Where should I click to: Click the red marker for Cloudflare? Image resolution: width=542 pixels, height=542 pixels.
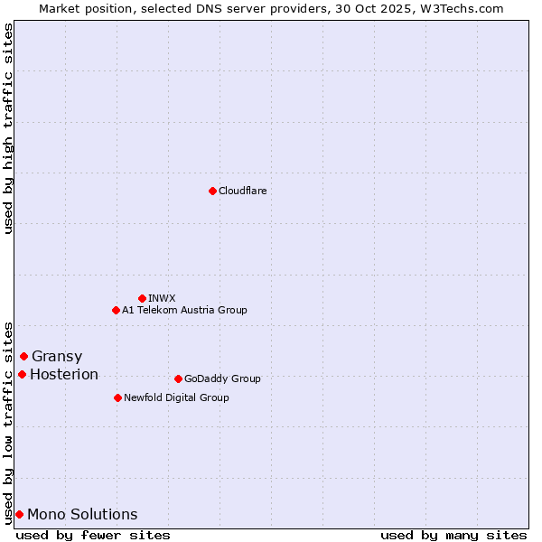(212, 191)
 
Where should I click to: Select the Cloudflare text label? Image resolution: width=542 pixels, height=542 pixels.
(242, 191)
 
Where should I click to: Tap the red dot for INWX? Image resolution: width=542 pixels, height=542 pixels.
(142, 298)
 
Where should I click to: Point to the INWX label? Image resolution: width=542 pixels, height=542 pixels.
(162, 298)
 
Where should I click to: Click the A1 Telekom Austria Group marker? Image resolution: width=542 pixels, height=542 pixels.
(116, 310)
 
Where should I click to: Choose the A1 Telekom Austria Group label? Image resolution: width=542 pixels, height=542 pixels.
(184, 310)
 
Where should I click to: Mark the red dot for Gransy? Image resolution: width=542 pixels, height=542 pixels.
(23, 356)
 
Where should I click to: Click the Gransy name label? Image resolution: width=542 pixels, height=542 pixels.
(56, 356)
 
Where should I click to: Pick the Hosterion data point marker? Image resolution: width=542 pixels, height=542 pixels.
(22, 374)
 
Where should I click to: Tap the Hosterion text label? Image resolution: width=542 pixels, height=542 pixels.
(64, 374)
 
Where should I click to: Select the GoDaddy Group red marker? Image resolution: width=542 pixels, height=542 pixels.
(178, 378)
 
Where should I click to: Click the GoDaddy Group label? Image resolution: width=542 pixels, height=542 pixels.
(221, 378)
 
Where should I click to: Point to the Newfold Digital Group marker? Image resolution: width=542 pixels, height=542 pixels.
(117, 397)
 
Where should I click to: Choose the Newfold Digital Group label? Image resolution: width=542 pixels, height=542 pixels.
(176, 397)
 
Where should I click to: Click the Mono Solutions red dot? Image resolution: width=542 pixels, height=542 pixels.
(19, 514)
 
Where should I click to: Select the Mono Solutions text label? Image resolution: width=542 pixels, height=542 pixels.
(82, 514)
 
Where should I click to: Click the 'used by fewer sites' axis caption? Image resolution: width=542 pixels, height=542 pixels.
(93, 535)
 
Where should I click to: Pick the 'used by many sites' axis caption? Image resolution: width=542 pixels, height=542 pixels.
(453, 535)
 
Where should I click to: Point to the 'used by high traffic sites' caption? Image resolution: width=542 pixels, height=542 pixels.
(8, 128)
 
